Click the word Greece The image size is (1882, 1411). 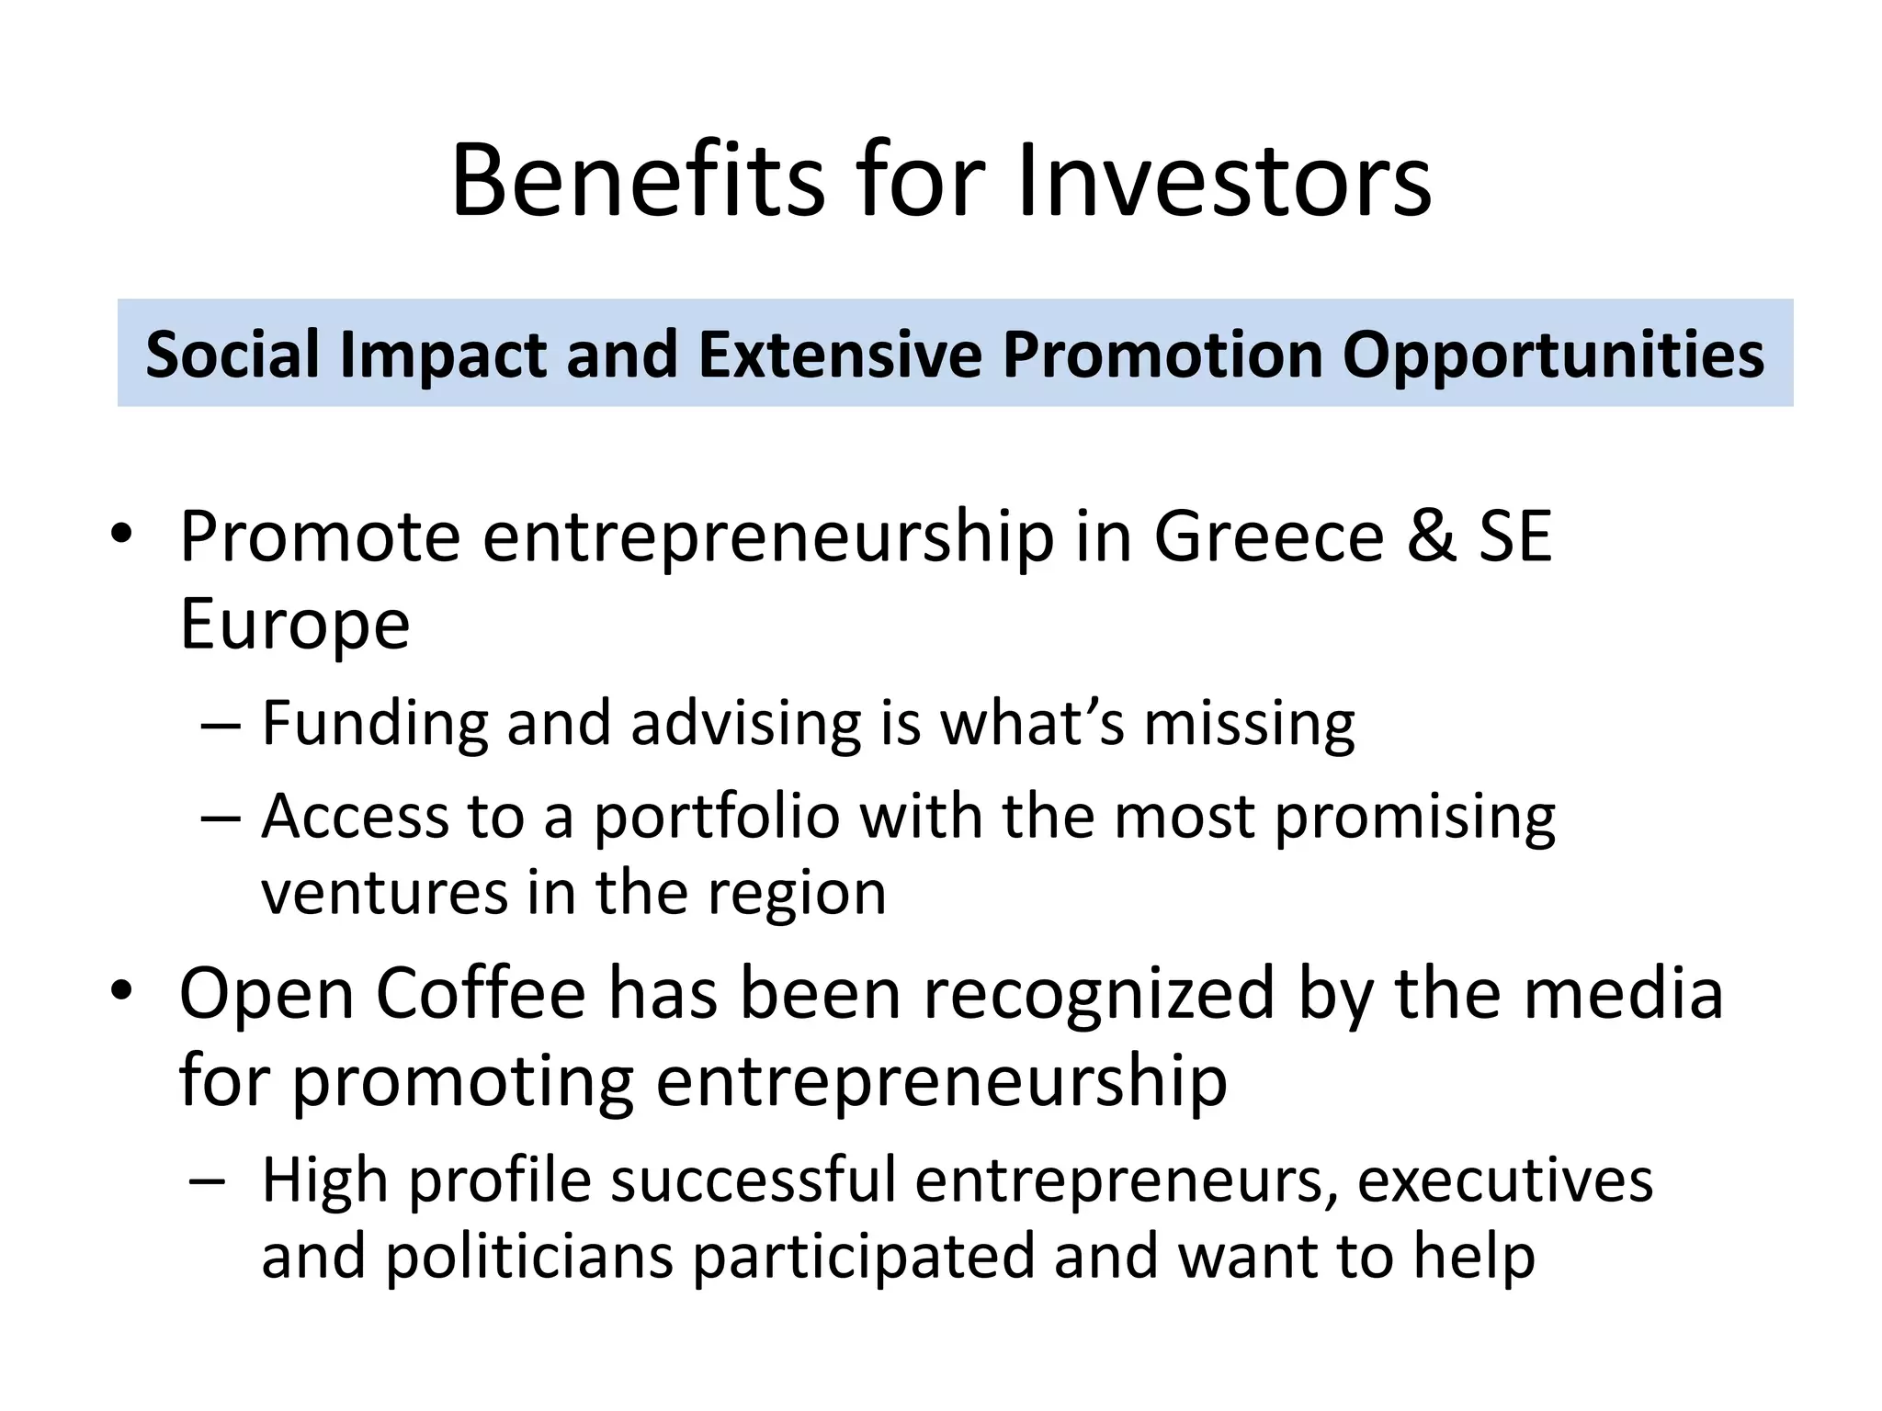tap(1268, 536)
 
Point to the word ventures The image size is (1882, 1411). tap(384, 893)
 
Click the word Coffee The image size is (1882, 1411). tap(481, 994)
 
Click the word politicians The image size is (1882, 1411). tap(529, 1257)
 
